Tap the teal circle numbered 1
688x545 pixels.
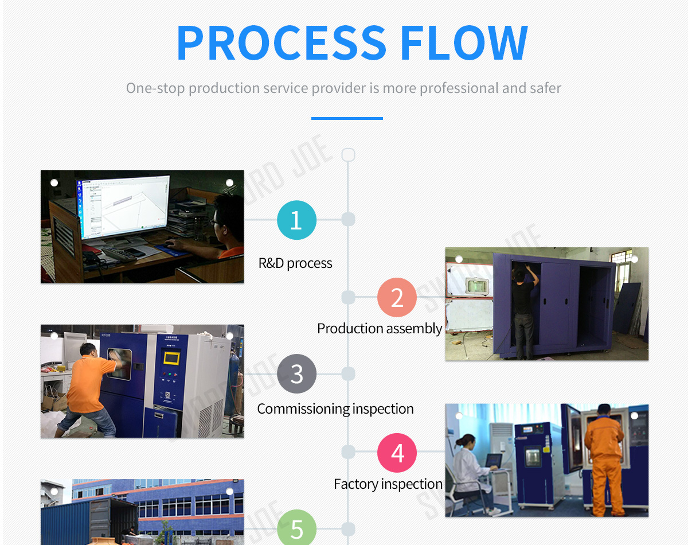coord(296,220)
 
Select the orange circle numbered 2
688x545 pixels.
coord(397,297)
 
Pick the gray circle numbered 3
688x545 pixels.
coord(296,374)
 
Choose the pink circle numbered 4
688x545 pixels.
coord(397,453)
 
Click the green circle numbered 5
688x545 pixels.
coord(296,528)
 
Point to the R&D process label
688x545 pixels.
coord(295,263)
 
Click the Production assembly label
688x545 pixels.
coord(380,329)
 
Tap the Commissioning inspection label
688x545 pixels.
coord(335,409)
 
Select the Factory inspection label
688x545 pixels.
coord(388,484)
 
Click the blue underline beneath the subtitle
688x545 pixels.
coord(347,118)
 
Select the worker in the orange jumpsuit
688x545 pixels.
coord(604,459)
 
